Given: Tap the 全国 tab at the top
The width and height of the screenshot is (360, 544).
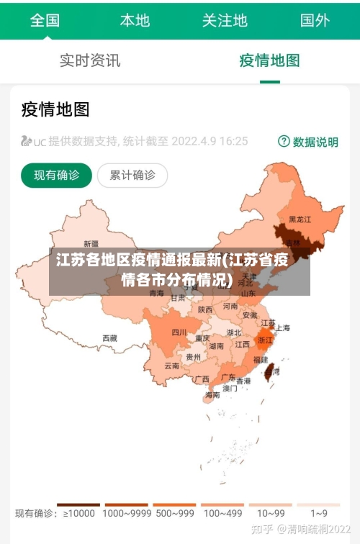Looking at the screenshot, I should pyautogui.click(x=45, y=20).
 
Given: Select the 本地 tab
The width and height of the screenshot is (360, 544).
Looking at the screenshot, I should pyautogui.click(x=135, y=20).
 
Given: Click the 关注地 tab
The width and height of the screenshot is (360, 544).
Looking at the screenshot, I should pyautogui.click(x=225, y=20).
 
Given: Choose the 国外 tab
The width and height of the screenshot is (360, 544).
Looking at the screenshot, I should pyautogui.click(x=315, y=20).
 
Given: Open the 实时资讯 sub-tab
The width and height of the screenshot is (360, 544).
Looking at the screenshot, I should pyautogui.click(x=90, y=60).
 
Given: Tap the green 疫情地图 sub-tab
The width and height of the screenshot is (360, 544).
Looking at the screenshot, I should pyautogui.click(x=269, y=60).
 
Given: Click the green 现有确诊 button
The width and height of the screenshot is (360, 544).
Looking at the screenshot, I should pyautogui.click(x=56, y=175).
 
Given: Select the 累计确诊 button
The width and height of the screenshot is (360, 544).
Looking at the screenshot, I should pyautogui.click(x=132, y=175).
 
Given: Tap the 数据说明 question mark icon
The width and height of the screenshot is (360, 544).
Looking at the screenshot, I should pyautogui.click(x=284, y=142).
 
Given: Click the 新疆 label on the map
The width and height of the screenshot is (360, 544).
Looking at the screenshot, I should pyautogui.click(x=91, y=243).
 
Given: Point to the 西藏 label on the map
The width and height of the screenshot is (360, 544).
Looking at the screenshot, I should pyautogui.click(x=109, y=337).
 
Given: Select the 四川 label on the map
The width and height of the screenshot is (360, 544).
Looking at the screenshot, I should pyautogui.click(x=179, y=332).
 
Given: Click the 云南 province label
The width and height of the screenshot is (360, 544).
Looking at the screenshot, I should pyautogui.click(x=171, y=366).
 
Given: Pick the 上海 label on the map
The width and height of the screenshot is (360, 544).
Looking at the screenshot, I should pyautogui.click(x=282, y=327).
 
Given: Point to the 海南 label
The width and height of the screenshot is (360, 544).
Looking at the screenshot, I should pyautogui.click(x=212, y=394).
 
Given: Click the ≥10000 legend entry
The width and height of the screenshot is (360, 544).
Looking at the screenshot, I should pyautogui.click(x=79, y=513).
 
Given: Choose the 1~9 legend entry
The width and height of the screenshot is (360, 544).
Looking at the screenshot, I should pyautogui.click(x=319, y=513).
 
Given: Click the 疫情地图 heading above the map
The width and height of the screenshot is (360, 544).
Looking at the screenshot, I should pyautogui.click(x=55, y=109).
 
